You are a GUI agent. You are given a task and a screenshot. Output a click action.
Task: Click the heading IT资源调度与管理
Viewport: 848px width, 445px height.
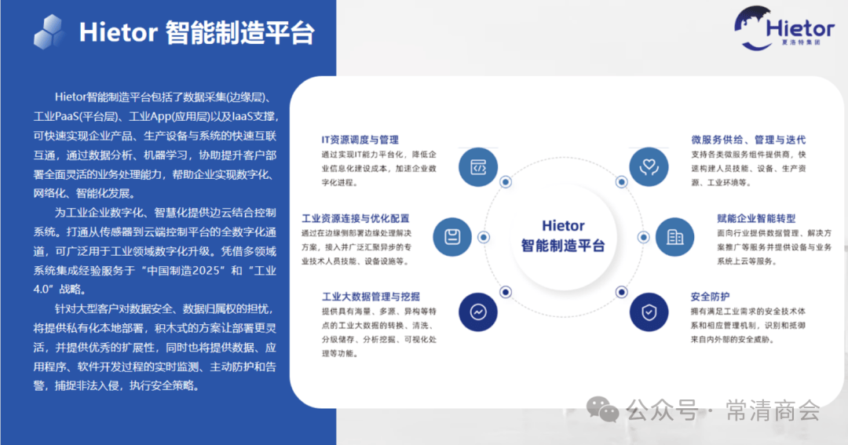point(360,140)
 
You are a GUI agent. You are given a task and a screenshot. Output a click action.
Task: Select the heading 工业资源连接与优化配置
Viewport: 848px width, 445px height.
point(356,218)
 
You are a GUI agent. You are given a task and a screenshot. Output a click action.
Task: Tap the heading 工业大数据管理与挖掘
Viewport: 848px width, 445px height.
point(371,297)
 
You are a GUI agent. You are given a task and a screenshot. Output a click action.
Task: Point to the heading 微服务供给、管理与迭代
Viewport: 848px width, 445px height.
point(748,140)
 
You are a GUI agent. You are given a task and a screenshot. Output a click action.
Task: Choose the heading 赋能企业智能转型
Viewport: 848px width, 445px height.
point(756,218)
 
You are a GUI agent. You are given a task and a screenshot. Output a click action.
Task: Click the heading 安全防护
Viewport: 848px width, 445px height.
point(710,297)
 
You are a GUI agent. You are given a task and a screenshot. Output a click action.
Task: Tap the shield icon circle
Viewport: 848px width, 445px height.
point(649,312)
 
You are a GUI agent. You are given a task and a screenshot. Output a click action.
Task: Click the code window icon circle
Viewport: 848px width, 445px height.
point(478,167)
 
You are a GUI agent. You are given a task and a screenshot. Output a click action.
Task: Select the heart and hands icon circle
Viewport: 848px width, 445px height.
point(649,167)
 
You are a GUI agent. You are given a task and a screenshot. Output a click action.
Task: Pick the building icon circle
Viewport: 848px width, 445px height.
point(675,237)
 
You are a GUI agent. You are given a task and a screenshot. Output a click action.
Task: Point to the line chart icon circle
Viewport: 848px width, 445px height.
point(478,312)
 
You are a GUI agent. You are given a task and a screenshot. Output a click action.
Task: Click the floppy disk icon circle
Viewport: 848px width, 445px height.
point(452,237)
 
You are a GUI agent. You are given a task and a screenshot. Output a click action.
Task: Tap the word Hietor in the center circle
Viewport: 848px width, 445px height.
point(563,225)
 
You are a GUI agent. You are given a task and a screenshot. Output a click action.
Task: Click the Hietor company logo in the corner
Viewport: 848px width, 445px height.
point(784,28)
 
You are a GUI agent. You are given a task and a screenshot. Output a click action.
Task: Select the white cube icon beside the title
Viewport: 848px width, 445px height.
point(49,32)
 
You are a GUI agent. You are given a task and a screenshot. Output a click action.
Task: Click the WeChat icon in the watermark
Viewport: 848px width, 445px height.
point(602,410)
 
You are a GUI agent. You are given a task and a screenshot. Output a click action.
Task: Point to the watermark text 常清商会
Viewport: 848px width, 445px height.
point(773,410)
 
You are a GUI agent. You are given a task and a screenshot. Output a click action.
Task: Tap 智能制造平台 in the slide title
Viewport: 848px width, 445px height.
point(239,33)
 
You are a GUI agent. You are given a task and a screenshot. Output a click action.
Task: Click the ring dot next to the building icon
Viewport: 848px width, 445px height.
point(643,237)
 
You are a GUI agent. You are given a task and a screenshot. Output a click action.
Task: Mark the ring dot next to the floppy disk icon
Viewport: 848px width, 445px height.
point(484,237)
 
